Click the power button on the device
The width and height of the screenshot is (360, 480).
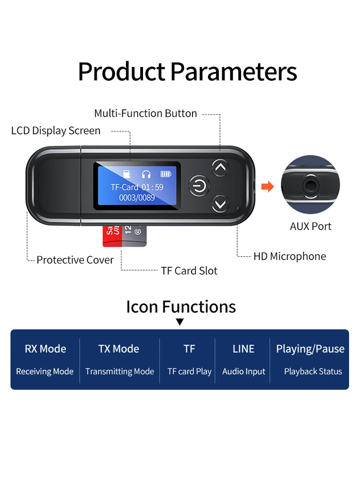click(x=199, y=185)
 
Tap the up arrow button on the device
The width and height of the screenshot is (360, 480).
click(x=220, y=168)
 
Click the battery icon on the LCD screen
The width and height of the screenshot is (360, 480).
click(x=166, y=174)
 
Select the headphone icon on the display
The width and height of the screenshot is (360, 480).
click(x=146, y=174)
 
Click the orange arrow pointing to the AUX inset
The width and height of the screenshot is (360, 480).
click(x=267, y=186)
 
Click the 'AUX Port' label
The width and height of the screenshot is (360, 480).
click(x=311, y=226)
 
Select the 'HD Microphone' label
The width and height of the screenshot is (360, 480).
click(x=289, y=256)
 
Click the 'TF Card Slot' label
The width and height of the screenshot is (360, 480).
click(x=189, y=271)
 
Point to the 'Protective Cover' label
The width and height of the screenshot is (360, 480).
click(x=75, y=260)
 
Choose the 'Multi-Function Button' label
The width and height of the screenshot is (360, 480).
click(x=145, y=113)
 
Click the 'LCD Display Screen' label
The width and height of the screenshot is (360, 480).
click(x=56, y=131)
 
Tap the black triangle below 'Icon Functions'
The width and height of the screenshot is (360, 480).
click(x=180, y=322)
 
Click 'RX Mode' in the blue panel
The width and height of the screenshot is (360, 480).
click(x=46, y=349)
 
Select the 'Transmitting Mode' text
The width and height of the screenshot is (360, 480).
click(x=120, y=372)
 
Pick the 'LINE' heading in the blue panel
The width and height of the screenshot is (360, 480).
click(x=243, y=349)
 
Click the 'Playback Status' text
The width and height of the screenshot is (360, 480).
click(x=313, y=372)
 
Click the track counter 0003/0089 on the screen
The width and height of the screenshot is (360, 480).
click(x=137, y=197)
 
